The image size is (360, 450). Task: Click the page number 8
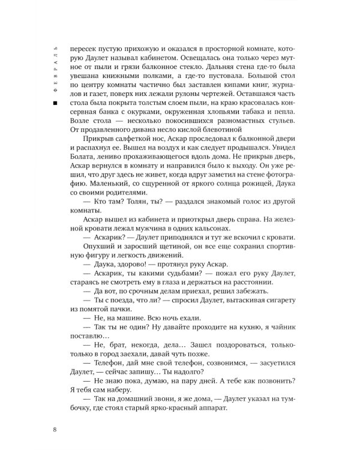pyautogui.click(x=55, y=428)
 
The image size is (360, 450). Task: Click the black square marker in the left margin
pyautogui.click(x=55, y=104)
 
